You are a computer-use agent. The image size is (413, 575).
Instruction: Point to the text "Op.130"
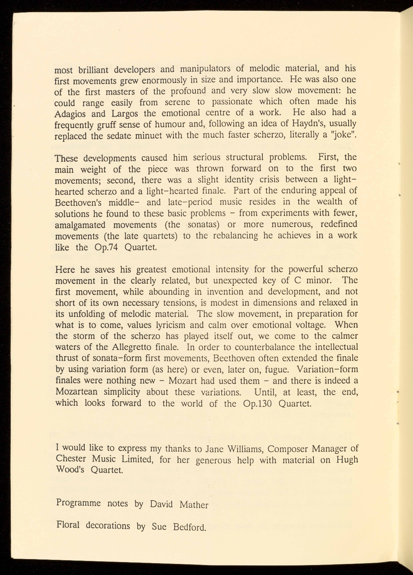258,403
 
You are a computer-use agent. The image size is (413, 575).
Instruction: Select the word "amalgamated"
80,225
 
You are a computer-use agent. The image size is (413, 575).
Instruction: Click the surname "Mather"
194,505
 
